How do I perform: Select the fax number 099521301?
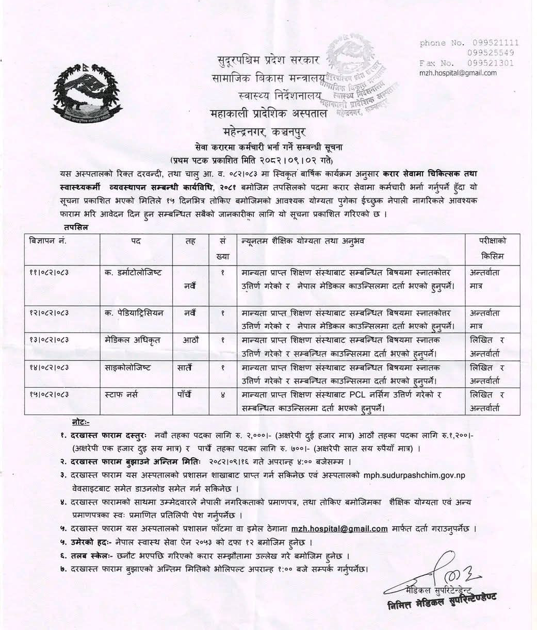pyautogui.click(x=491, y=63)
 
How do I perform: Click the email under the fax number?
pyautogui.click(x=458, y=73)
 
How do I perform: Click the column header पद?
pyautogui.click(x=136, y=240)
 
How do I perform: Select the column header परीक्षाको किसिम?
pyautogui.click(x=492, y=248)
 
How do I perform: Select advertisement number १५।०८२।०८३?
pyautogui.click(x=51, y=394)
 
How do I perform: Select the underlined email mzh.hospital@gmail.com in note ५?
pyautogui.click(x=339, y=528)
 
